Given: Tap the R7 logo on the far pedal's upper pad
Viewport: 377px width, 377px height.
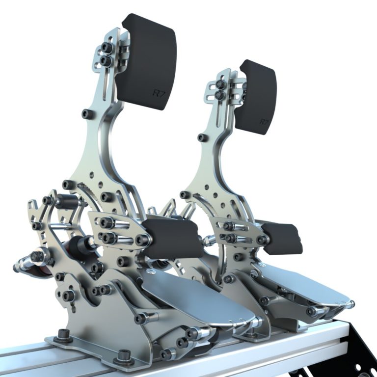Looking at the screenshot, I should tap(264, 121).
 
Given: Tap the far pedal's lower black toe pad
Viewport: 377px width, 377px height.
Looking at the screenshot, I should tap(282, 238).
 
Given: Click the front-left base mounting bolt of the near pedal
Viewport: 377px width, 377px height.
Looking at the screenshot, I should tap(63, 333).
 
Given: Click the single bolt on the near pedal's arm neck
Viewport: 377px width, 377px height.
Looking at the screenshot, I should tap(87, 114).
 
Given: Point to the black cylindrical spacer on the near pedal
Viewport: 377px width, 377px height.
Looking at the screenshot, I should tap(67, 201).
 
